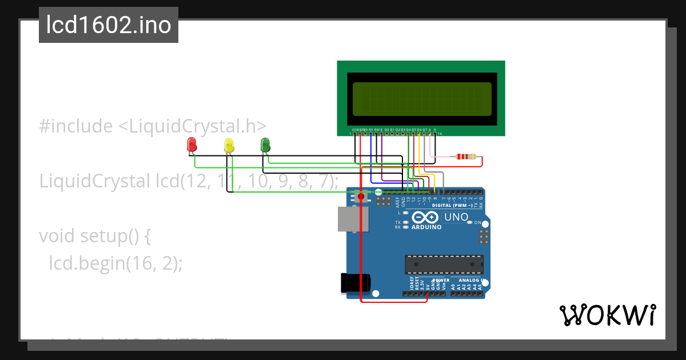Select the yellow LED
coord(229,145)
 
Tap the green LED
coord(265,144)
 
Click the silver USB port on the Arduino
coord(350,219)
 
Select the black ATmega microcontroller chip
coord(444,265)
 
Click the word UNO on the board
coord(456,217)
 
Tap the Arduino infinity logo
coord(425,217)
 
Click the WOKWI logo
coord(607,315)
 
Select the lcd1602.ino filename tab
coord(109,25)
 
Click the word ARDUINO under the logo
coord(426,227)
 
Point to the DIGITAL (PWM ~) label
coord(452,205)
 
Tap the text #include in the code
coord(76,126)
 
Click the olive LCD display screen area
coord(422,98)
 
